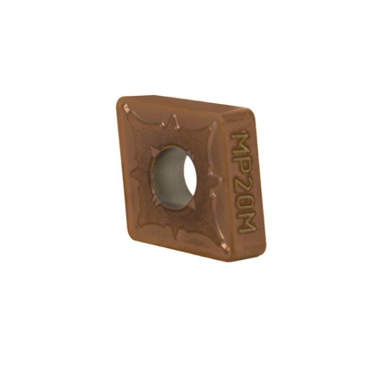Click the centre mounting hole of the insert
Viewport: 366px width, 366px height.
pos(173,178)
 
